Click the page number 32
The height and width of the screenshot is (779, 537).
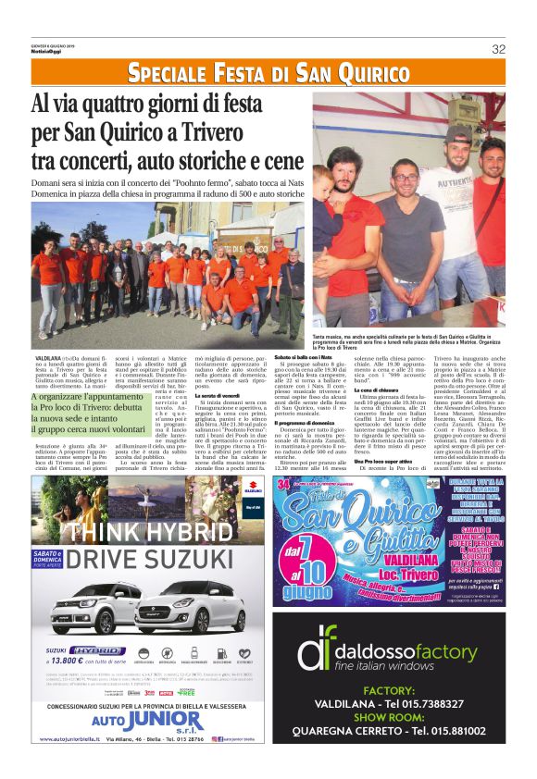pos(498,49)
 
